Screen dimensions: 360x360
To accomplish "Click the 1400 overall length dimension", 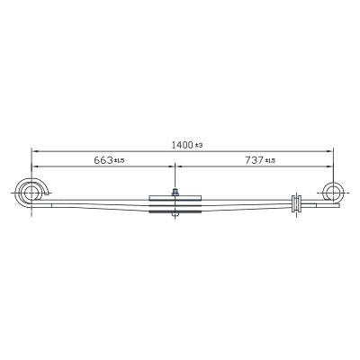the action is click(182, 145).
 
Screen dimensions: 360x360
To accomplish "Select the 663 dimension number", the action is click(103, 160).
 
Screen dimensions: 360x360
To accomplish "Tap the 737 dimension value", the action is click(254, 160).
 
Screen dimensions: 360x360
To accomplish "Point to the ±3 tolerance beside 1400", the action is click(199, 146).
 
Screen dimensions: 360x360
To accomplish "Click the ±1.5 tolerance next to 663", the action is click(119, 161).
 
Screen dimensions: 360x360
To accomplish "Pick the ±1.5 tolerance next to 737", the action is click(270, 161).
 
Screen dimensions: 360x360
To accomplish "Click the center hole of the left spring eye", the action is click(31, 193).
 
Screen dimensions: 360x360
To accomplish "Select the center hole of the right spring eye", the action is click(333, 192).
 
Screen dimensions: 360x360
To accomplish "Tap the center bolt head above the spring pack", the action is click(175, 192).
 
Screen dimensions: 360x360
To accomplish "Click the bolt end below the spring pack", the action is click(175, 215).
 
